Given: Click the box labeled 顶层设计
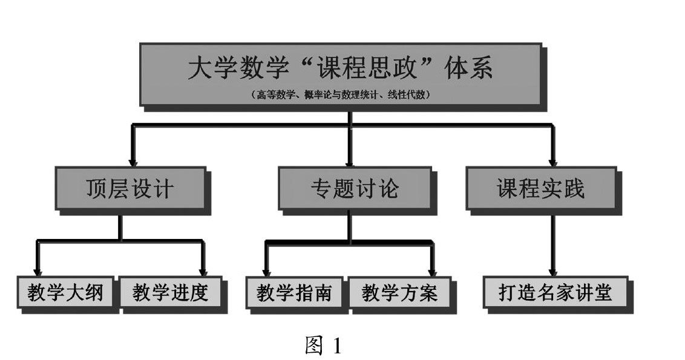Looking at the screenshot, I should [129, 189].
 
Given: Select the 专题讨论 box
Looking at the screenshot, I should [355, 189].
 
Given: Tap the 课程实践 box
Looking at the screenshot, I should [540, 189].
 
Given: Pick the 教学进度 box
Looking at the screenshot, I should [170, 293].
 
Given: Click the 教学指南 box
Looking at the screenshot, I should [293, 293].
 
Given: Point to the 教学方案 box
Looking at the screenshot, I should [399, 293].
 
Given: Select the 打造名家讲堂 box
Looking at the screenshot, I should [555, 293].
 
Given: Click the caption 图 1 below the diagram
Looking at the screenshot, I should [323, 345].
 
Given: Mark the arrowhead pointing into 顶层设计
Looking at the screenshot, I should [133, 162].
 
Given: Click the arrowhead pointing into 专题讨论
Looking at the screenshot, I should [350, 162].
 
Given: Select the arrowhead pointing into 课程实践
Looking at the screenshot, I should [552, 162].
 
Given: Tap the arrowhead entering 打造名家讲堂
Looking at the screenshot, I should [552, 272].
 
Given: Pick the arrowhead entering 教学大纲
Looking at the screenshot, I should [38, 272].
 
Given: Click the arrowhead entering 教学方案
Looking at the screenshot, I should [432, 272].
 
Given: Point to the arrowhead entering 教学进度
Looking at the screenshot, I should [203, 272].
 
